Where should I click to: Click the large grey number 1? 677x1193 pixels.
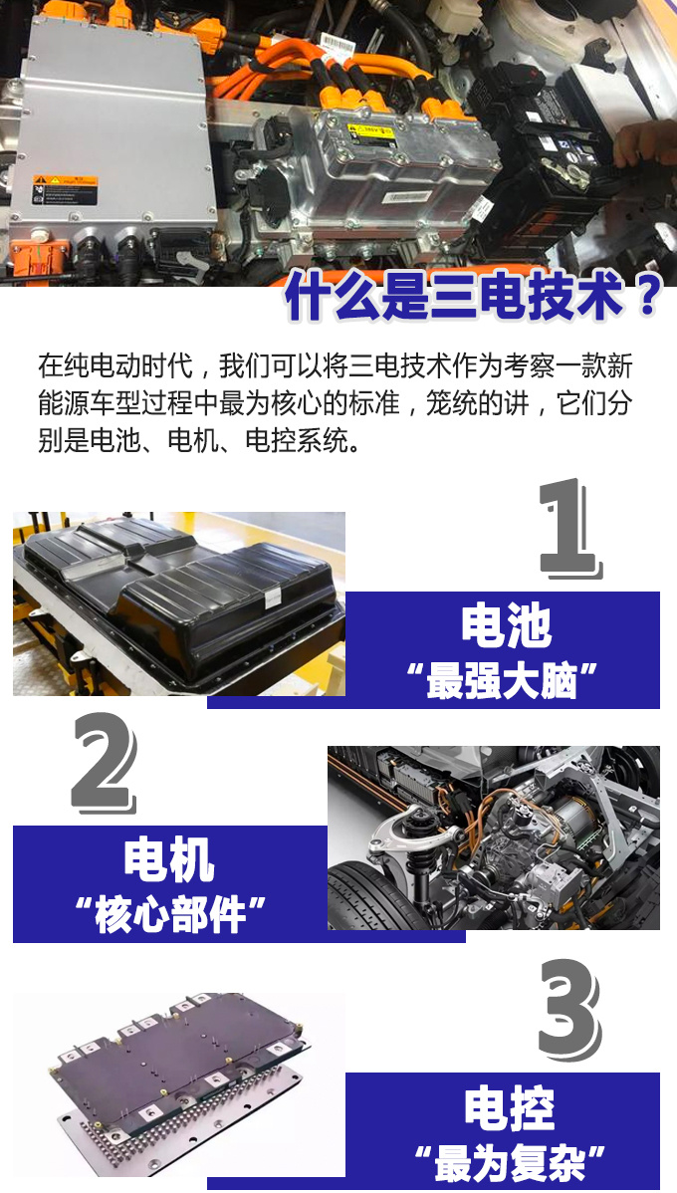tap(569, 528)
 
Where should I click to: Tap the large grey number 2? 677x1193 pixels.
tap(105, 763)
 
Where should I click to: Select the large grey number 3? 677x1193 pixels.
tap(569, 1010)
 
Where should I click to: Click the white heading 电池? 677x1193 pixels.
tap(506, 627)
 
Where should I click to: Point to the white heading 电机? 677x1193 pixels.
tap(169, 861)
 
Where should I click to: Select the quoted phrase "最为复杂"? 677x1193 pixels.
tap(510, 1162)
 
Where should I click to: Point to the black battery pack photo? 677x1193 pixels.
tap(179, 603)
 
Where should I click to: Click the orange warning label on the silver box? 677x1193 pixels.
tap(66, 188)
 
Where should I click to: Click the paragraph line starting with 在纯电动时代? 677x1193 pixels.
tap(336, 365)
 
